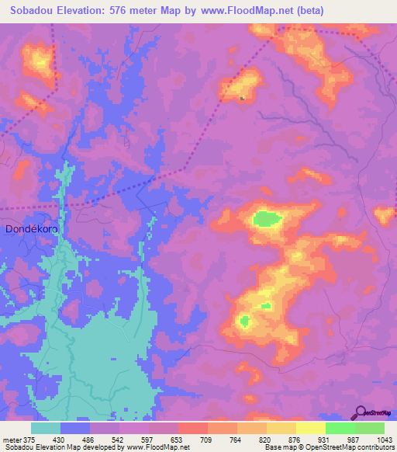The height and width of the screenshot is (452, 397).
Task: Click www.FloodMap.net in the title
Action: (x=249, y=11)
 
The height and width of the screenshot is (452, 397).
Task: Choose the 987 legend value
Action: (x=355, y=440)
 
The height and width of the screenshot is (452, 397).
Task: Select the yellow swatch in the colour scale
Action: (x=311, y=428)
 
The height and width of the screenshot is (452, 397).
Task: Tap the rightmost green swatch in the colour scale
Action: (x=370, y=428)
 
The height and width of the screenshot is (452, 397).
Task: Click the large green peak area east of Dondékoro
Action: (x=266, y=219)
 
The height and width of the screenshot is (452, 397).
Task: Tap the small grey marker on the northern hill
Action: (x=243, y=99)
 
